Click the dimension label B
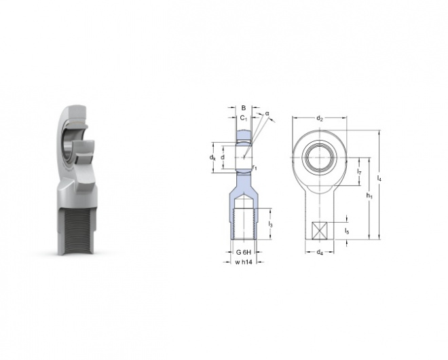coord(244,108)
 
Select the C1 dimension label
coord(244,118)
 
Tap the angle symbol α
coord(267,113)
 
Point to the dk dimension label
coord(212,157)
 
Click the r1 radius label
coord(255,167)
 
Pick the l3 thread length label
coord(271,224)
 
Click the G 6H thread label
coord(244,252)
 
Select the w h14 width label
coord(244,262)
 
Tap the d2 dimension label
coord(320,118)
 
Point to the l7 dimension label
coord(360,172)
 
